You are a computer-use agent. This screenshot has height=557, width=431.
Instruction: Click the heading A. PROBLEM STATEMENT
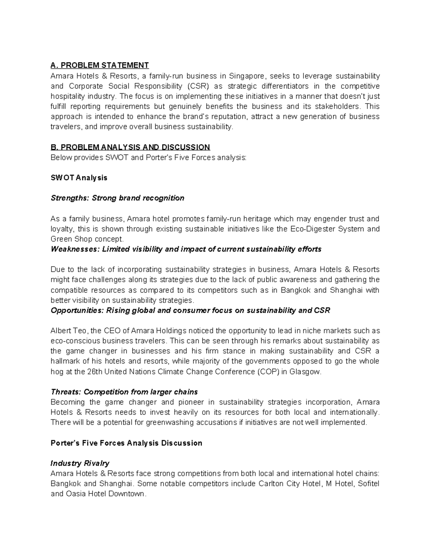click(x=99, y=65)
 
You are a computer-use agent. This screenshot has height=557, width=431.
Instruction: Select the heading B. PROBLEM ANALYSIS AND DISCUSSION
click(x=130, y=147)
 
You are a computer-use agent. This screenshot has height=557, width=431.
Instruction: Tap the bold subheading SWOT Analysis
click(x=79, y=178)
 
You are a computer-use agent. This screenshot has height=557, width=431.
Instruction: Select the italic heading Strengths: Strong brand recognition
click(x=117, y=198)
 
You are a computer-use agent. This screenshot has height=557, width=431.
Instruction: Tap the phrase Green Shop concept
click(x=87, y=239)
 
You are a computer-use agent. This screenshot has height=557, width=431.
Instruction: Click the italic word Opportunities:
click(x=77, y=311)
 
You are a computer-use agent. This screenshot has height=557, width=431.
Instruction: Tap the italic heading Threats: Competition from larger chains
click(x=124, y=392)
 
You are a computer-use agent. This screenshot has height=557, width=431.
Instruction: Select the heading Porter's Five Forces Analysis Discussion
click(x=126, y=443)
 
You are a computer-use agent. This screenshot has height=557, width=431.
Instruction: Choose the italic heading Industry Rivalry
click(x=80, y=463)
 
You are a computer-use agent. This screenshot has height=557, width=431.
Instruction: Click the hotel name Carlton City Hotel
click(x=289, y=484)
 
